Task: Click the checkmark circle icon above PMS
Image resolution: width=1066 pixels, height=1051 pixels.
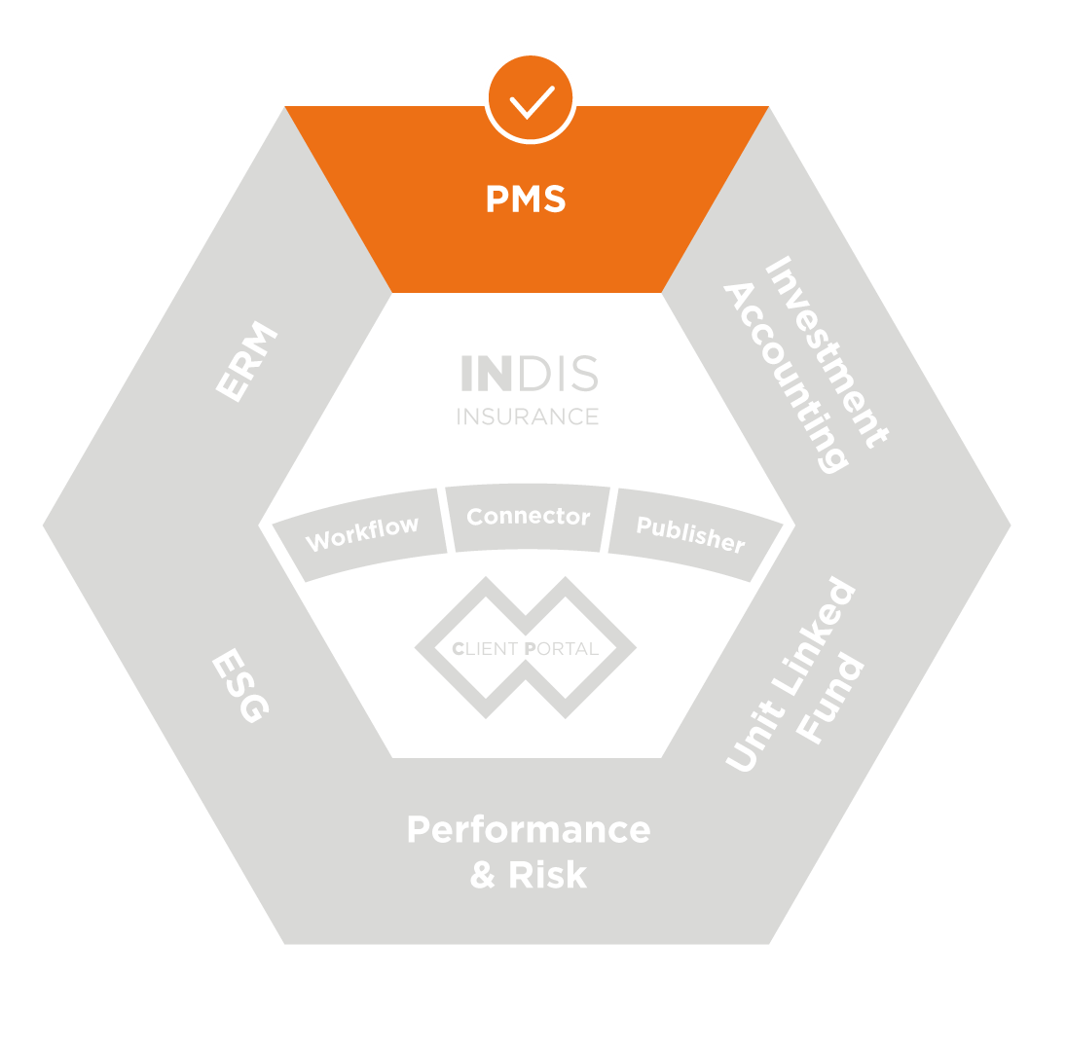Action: (x=531, y=98)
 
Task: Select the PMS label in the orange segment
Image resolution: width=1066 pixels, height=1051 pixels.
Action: (x=526, y=199)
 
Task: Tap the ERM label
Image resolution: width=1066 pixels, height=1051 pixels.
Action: (x=247, y=362)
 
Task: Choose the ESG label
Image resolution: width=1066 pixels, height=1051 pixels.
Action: (x=239, y=688)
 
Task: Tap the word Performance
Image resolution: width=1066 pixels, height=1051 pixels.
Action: (x=528, y=830)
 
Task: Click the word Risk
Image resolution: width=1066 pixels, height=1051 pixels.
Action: (x=547, y=875)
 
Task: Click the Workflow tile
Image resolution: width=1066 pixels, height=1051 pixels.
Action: (x=362, y=532)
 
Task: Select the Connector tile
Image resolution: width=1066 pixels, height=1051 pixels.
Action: (x=528, y=517)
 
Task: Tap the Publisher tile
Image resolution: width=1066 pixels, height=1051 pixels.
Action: (x=690, y=532)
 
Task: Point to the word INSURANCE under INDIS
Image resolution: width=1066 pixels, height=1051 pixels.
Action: (x=528, y=417)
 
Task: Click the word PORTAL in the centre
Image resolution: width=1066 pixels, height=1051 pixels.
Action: (x=560, y=649)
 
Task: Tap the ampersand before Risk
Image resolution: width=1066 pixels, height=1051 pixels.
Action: (x=483, y=875)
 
